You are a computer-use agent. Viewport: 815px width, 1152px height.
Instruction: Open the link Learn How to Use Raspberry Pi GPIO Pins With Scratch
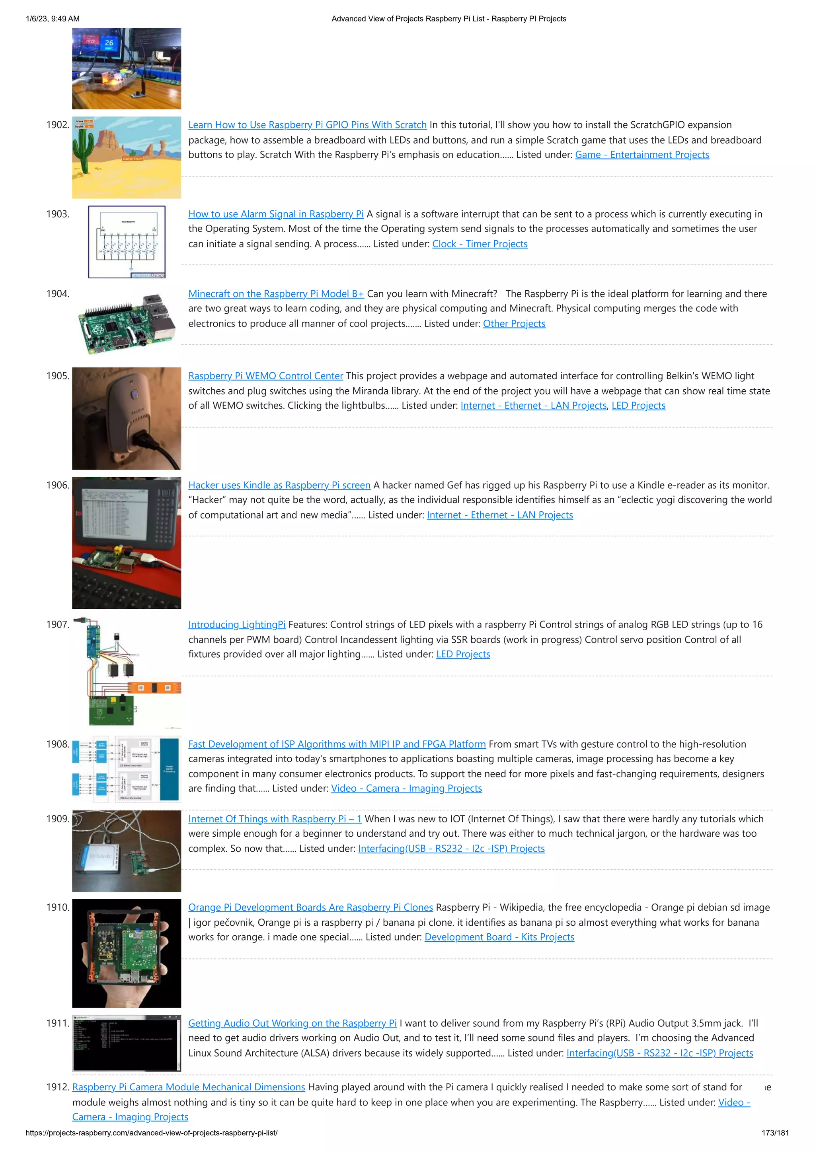307,125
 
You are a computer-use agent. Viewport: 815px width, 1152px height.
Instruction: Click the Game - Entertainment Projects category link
642,155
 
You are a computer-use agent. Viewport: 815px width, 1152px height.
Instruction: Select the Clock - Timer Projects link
480,244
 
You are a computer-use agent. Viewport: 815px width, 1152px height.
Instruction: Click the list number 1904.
57,293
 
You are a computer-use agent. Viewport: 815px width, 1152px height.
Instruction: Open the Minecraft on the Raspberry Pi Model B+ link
276,293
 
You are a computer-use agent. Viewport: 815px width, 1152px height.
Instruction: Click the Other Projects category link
514,324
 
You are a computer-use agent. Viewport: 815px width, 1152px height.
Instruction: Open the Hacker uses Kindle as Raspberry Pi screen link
279,485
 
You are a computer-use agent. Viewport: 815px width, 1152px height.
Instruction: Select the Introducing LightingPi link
236,625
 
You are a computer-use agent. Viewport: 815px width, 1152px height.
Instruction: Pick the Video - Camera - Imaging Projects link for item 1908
406,788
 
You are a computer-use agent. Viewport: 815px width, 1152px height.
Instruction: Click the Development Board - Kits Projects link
499,937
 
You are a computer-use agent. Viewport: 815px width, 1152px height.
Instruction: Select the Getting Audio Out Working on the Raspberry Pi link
292,1023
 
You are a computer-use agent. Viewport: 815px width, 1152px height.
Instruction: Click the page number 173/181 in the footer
775,1133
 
